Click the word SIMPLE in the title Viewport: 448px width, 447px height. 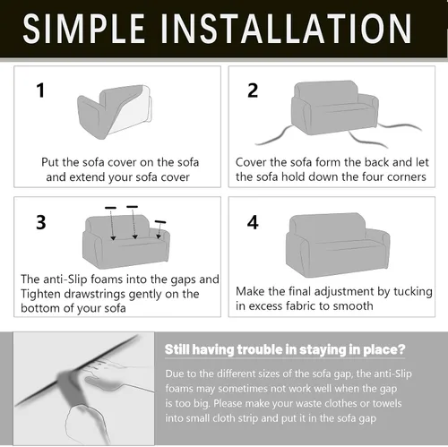click(83, 29)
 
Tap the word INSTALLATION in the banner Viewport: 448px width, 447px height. click(286, 29)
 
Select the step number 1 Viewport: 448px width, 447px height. click(40, 90)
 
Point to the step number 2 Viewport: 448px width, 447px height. click(253, 90)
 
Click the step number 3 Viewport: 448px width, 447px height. click(41, 222)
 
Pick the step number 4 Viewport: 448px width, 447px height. click(253, 222)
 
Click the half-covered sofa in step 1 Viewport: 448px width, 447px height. click(115, 112)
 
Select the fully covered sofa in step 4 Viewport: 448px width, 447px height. click(338, 245)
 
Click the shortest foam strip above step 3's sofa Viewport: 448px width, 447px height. click(160, 222)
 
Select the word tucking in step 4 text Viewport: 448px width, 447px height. click(413, 292)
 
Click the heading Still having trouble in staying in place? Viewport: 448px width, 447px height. click(285, 349)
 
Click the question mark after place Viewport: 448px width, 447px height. click(401, 348)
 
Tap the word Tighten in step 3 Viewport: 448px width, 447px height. click(40, 294)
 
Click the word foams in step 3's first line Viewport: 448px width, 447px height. click(107, 279)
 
